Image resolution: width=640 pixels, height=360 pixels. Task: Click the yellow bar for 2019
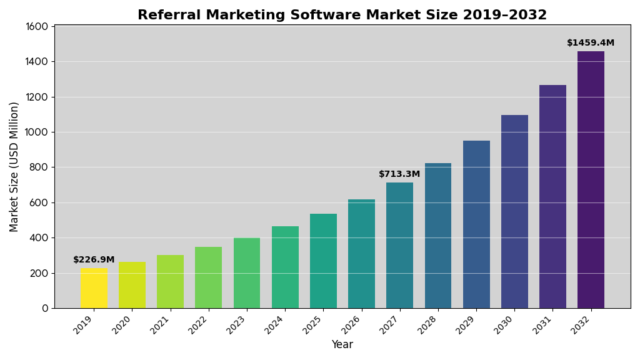coord(94,288)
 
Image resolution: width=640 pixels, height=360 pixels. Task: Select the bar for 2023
coord(247,273)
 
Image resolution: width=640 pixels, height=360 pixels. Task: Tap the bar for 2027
coord(399,245)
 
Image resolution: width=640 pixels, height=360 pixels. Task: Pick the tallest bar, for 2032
coord(591,180)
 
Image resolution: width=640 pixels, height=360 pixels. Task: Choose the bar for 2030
coord(514,211)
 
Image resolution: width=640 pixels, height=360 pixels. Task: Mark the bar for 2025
coord(323,261)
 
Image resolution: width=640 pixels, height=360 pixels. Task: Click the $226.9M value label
coord(94,260)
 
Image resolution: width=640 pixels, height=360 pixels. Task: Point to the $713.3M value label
coord(399,174)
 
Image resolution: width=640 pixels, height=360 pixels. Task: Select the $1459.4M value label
coord(591,43)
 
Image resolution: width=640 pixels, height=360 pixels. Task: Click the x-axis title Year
coord(342,345)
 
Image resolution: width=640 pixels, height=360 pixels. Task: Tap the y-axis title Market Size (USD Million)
coord(14,166)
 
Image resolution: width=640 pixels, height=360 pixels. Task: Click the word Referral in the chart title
coord(166,15)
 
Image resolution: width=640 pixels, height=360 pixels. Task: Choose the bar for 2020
coord(132,285)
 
